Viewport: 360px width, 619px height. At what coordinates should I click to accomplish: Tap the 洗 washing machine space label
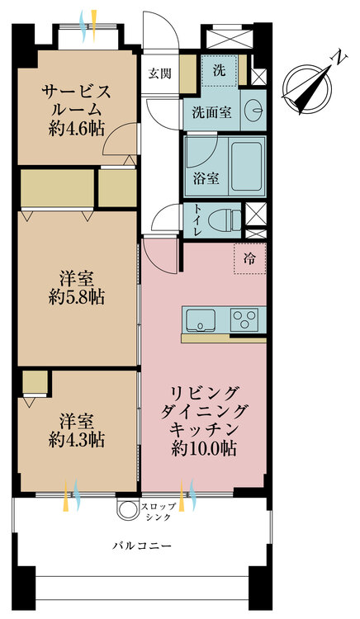pyautogui.click(x=220, y=70)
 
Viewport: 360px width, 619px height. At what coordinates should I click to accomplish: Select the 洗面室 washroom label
pyautogui.click(x=212, y=111)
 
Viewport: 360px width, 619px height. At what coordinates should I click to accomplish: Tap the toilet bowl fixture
pyautogui.click(x=224, y=220)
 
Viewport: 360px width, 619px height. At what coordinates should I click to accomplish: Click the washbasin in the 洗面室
pyautogui.click(x=254, y=111)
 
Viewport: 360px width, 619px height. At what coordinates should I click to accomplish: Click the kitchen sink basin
pyautogui.click(x=201, y=319)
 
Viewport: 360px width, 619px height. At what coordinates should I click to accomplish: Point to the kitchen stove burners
pyautogui.click(x=246, y=319)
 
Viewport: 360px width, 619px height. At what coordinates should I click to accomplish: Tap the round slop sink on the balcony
pyautogui.click(x=128, y=511)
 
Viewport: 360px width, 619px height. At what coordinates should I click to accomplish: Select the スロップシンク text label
pyautogui.click(x=156, y=511)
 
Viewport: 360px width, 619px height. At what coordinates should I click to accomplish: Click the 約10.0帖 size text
pyautogui.click(x=204, y=450)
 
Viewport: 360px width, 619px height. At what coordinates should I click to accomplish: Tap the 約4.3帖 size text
pyautogui.click(x=76, y=440)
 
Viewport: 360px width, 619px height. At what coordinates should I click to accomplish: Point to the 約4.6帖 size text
pyautogui.click(x=75, y=129)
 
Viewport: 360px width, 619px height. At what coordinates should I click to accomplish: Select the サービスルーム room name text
pyautogui.click(x=75, y=99)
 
